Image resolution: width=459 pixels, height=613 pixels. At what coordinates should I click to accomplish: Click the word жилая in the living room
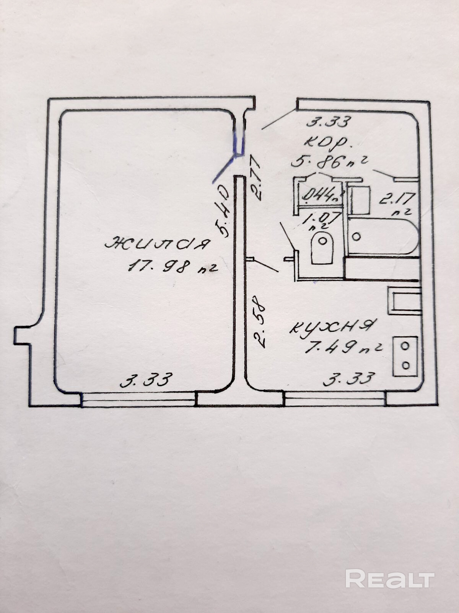[158, 243]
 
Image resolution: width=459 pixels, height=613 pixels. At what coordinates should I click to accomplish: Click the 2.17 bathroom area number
[397, 199]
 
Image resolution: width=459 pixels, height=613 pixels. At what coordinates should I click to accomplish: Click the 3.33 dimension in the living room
[146, 380]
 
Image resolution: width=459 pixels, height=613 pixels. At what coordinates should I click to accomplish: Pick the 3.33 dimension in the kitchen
[348, 379]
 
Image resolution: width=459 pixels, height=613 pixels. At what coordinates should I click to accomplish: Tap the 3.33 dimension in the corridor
[329, 122]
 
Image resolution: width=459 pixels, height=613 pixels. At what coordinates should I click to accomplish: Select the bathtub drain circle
[356, 236]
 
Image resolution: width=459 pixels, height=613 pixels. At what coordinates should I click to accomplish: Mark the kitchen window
[335, 401]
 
